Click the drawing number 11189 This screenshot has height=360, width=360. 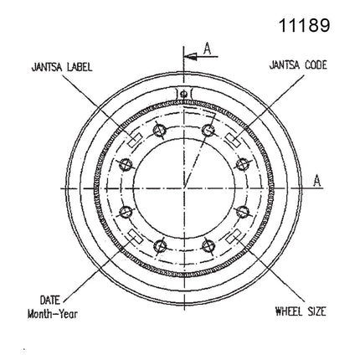tap(305, 25)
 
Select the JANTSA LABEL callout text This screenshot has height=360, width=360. tap(62, 67)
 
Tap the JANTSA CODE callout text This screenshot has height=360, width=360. tap(298, 65)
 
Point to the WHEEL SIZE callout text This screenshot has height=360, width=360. tap(301, 311)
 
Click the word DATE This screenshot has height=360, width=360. tap(50, 301)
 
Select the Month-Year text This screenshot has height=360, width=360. tap(53, 314)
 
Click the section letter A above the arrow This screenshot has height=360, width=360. tap(207, 49)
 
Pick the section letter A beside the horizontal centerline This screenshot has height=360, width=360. tap(317, 181)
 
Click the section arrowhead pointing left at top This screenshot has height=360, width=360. tap(191, 57)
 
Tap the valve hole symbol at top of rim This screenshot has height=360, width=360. tap(183, 94)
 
